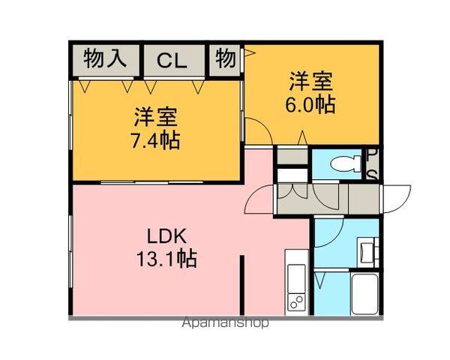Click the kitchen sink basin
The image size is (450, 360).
(x=295, y=276)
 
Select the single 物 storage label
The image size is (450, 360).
(x=226, y=58)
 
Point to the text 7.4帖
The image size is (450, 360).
(x=154, y=140)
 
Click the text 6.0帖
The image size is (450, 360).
(x=310, y=103)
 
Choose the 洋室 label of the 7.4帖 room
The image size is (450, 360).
(x=154, y=117)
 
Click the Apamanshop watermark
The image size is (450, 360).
(x=224, y=324)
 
